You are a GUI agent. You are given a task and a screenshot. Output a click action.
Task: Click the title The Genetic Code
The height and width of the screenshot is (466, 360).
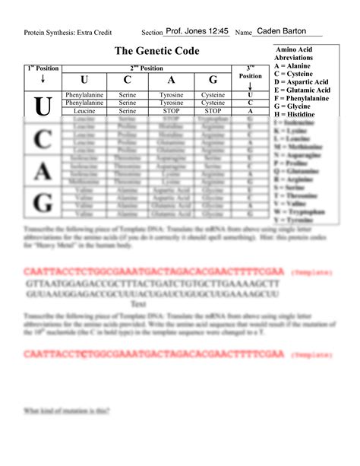pos(156,51)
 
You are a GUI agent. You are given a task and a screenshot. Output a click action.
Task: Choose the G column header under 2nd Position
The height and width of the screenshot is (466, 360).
pos(213,81)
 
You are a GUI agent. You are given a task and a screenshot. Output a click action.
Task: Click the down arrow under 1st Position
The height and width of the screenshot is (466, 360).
pos(43,79)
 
